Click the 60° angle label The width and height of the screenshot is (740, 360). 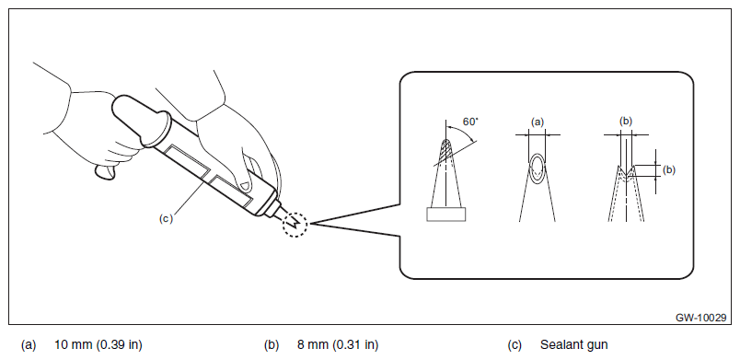point(470,122)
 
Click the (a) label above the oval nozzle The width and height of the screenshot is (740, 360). point(538,122)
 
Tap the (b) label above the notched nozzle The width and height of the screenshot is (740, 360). point(626,122)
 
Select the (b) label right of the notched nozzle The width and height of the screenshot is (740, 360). point(669,169)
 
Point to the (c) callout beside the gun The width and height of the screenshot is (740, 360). point(166,218)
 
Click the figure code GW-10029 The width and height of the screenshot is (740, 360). point(700,318)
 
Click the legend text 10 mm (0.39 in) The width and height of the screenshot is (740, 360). point(98,345)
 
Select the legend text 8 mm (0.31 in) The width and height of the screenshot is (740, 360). point(338,345)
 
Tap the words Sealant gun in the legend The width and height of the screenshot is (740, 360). point(574,345)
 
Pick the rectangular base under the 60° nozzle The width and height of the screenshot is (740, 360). point(446,215)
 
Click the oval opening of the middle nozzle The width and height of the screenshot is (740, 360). point(538,168)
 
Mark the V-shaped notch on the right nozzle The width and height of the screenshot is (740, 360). point(626,174)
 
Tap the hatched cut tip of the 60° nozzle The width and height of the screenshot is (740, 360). point(445,151)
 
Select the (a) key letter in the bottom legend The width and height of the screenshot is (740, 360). point(29,345)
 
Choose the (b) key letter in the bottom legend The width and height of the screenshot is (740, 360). point(272,345)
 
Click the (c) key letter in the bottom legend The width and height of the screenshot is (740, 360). point(515,345)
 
